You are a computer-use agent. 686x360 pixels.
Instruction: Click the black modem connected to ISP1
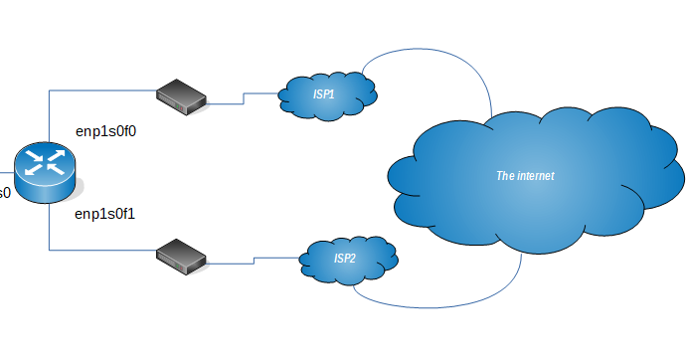tap(181, 96)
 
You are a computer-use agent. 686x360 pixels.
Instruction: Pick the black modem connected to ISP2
tap(181, 258)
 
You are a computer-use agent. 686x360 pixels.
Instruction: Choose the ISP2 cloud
tap(348, 260)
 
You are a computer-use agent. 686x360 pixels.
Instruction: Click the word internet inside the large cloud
tap(534, 176)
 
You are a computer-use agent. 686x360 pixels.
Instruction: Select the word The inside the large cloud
tap(505, 176)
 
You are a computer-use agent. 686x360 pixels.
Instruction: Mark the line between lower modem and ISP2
tap(254, 260)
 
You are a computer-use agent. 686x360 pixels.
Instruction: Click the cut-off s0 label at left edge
tap(5, 192)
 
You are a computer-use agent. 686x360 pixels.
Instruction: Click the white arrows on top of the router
tap(45, 163)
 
